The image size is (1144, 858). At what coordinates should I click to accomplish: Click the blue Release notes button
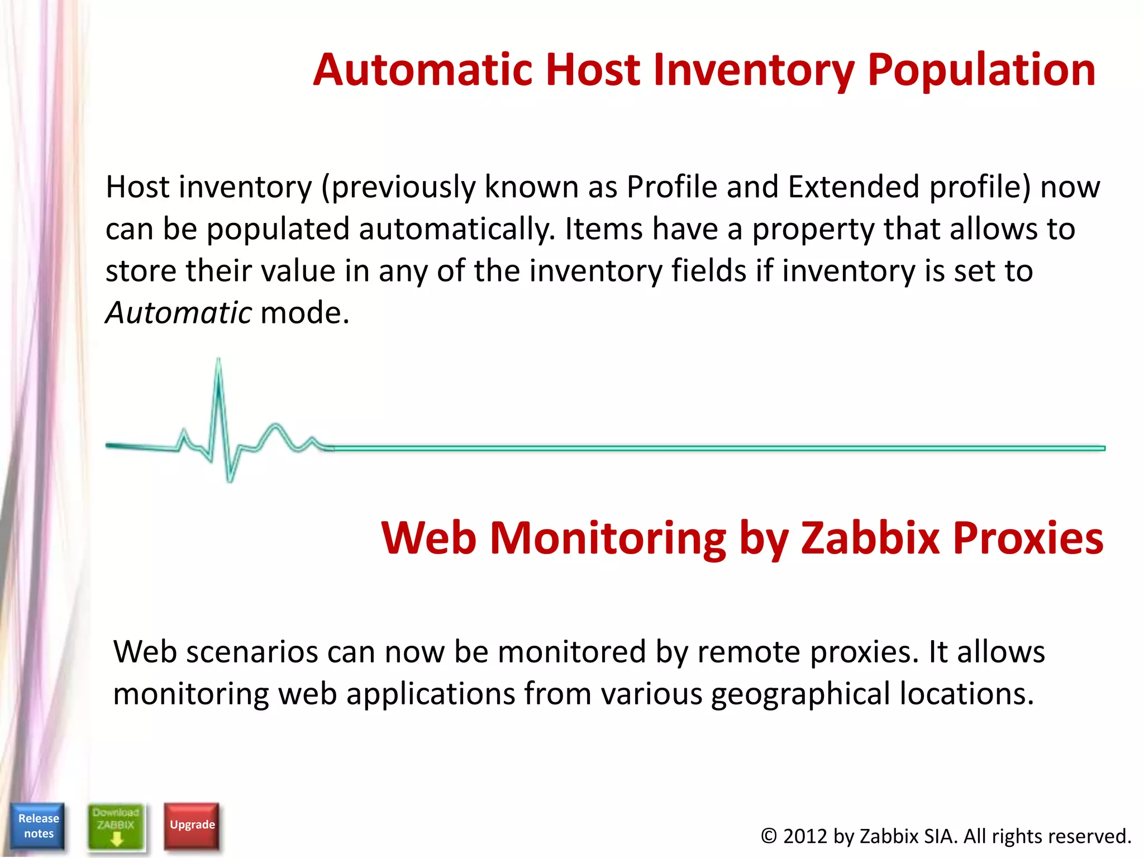coord(38,826)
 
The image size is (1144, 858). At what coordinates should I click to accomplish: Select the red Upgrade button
coord(192,825)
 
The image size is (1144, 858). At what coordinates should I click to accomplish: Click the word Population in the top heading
coord(981,70)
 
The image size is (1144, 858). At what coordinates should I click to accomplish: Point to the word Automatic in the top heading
coord(422,70)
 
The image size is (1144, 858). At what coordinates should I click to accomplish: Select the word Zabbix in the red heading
coord(870,538)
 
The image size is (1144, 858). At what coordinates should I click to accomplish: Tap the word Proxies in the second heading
coord(1028,538)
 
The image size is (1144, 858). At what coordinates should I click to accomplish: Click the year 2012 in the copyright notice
coord(805,836)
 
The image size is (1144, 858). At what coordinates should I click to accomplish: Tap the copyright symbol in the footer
coord(769,836)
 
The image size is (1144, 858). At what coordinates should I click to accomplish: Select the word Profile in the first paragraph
coord(672,187)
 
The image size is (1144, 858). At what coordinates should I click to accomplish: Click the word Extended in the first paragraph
coord(854,187)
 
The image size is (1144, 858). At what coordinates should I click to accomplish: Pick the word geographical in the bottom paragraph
coord(800,694)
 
